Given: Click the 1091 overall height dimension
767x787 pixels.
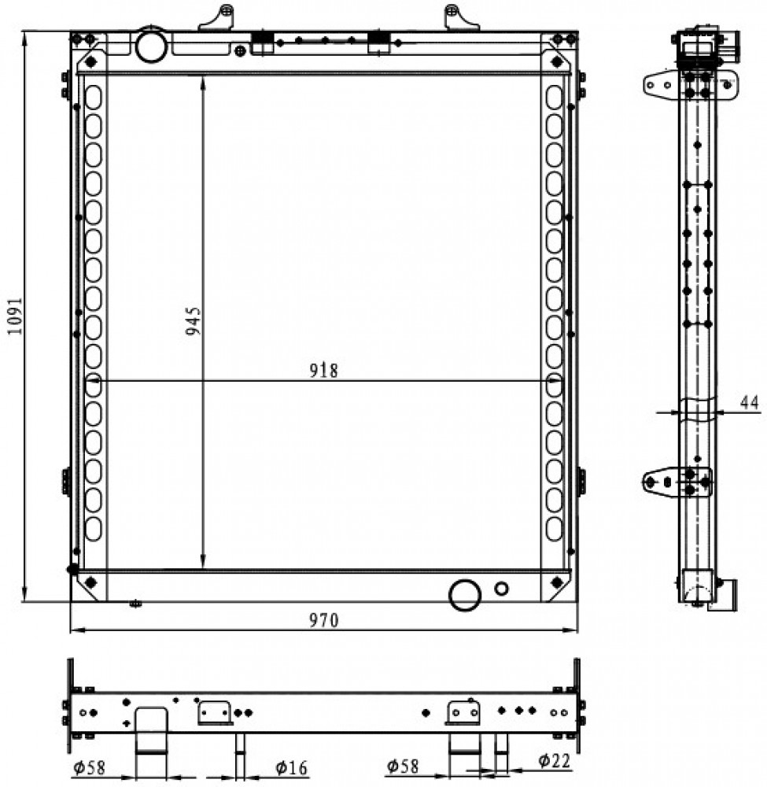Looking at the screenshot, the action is [x=15, y=316].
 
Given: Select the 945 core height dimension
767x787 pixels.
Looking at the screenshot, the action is [x=193, y=321].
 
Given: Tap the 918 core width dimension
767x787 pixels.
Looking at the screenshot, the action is [x=323, y=371].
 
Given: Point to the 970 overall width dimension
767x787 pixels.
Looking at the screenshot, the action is [x=323, y=621].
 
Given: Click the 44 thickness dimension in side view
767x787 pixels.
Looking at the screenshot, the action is [x=750, y=402].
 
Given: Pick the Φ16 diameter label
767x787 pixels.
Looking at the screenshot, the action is [x=291, y=767].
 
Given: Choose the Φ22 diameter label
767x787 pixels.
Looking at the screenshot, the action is [x=555, y=761].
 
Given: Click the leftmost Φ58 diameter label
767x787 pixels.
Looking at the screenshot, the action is [x=89, y=767].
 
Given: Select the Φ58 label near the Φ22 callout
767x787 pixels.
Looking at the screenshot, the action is [x=402, y=766].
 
